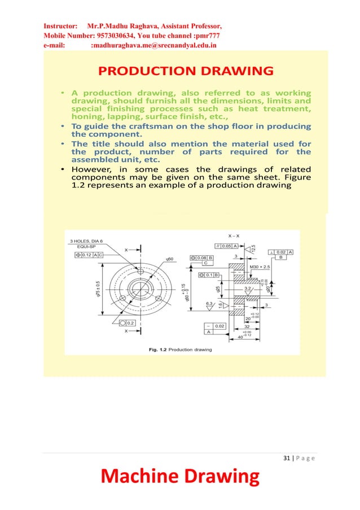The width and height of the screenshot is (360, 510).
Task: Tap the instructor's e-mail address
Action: coord(156,46)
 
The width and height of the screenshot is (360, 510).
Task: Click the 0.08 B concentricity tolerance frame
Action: coord(206,257)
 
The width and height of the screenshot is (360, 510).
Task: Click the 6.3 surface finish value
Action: coord(208,303)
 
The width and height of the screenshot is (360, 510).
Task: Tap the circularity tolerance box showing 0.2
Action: coord(127,322)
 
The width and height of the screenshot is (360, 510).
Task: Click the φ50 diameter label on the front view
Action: coord(169,259)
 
